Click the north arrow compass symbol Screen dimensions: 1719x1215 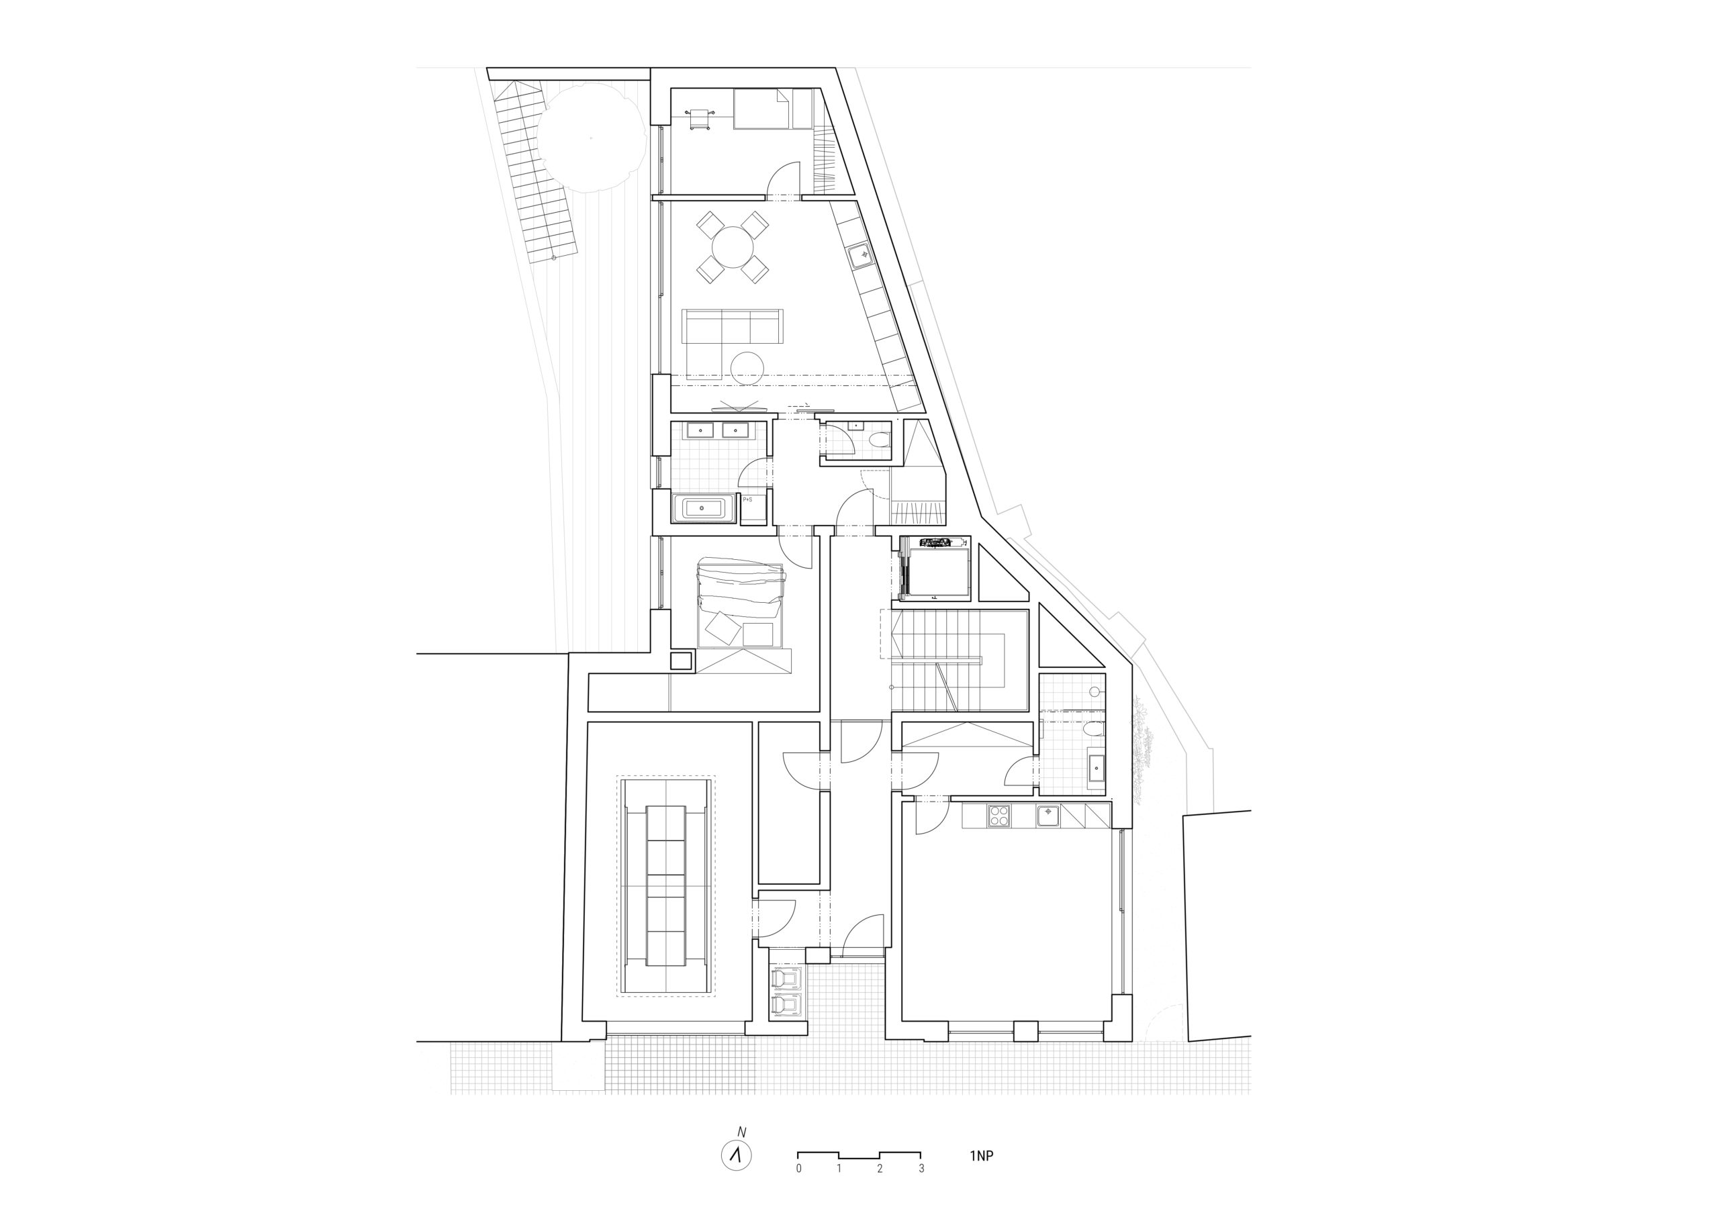[x=736, y=1176]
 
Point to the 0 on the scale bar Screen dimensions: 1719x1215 [x=799, y=1189]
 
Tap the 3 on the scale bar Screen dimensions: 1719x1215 [x=921, y=1189]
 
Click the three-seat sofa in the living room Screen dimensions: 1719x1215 [x=733, y=326]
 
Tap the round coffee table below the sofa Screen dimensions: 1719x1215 [x=747, y=368]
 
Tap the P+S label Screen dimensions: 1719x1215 [x=747, y=499]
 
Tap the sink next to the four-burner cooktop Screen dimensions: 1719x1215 [x=1048, y=815]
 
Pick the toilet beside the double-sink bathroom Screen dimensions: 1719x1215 [x=878, y=440]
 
